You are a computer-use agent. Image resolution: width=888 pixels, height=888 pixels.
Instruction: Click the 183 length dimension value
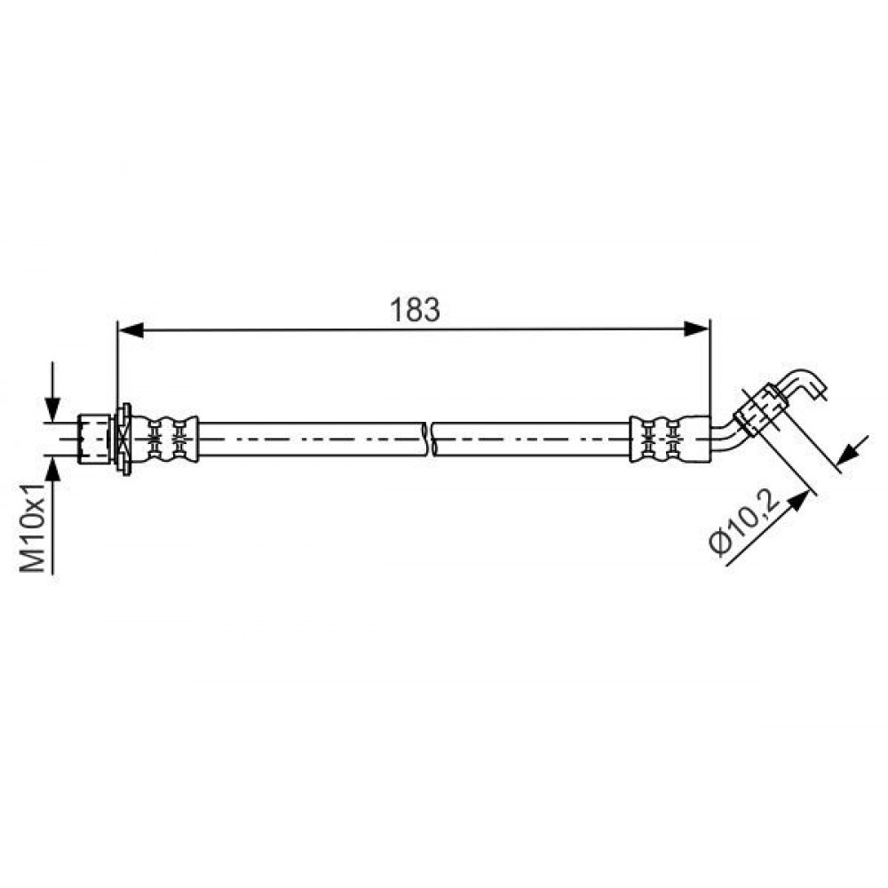pyautogui.click(x=415, y=310)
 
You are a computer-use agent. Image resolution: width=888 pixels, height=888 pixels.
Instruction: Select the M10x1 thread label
pyautogui.click(x=33, y=527)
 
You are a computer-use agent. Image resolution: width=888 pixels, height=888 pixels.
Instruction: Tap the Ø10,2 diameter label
pyautogui.click(x=744, y=523)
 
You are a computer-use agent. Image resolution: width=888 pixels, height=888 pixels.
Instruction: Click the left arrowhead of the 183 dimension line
pyautogui.click(x=130, y=329)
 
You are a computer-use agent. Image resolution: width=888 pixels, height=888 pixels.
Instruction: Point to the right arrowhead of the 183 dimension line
pyautogui.click(x=696, y=329)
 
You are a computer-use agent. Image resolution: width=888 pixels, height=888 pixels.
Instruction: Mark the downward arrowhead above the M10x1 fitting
pyautogui.click(x=52, y=408)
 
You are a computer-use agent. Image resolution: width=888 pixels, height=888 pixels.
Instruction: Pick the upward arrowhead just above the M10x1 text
pyautogui.click(x=52, y=468)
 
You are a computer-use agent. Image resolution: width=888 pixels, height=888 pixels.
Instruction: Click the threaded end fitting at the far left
pyautogui.click(x=93, y=439)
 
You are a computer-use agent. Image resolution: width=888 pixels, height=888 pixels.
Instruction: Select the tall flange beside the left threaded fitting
pyautogui.click(x=123, y=439)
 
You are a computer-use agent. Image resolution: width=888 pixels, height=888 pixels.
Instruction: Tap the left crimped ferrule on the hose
pyautogui.click(x=165, y=439)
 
